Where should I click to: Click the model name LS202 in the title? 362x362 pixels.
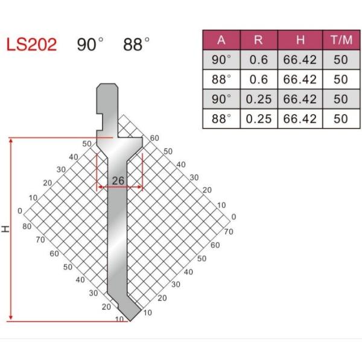31,45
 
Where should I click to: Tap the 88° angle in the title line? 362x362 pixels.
136,45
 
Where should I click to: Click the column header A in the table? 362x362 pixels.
221,40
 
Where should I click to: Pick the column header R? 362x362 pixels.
258,40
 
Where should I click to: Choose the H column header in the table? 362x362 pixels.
300,40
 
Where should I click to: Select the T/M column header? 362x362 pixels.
340,40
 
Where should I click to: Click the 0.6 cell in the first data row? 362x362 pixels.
258,60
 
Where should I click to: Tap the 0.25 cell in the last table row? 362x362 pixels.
258,118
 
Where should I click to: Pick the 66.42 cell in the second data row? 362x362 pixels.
300,79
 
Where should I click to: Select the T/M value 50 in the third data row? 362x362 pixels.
340,98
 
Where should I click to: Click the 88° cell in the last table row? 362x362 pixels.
221,118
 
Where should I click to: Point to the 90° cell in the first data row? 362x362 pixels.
221,60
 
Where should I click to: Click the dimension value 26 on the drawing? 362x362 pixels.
119,180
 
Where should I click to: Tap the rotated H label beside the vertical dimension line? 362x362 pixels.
5,229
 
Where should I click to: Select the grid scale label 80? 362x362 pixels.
27,227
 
